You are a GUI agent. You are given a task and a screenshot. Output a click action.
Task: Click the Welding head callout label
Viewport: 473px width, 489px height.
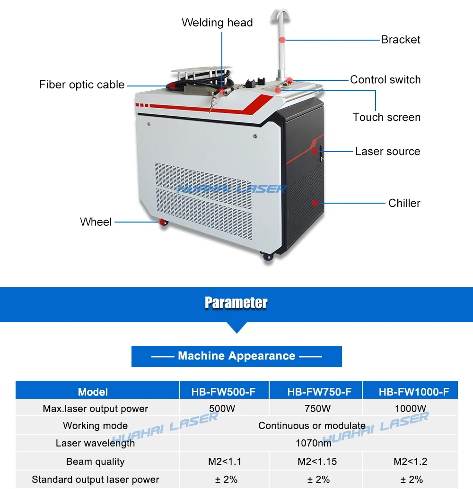(217, 23)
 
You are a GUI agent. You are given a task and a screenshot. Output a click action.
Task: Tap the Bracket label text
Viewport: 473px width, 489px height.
(401, 40)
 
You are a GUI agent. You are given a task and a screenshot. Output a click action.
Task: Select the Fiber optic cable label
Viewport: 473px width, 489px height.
(82, 85)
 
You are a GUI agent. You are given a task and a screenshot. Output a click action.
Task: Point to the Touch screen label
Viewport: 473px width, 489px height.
(386, 117)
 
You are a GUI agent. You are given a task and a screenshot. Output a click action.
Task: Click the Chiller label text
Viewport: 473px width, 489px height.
(404, 203)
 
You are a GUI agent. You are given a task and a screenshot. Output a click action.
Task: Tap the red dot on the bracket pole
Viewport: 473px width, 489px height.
(282, 40)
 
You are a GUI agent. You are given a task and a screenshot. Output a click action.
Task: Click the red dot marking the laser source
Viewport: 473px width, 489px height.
(315, 151)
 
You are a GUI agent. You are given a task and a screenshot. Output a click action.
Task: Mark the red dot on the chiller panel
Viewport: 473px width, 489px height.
(315, 203)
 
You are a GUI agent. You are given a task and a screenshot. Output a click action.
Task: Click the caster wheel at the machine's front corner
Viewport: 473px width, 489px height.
(268, 256)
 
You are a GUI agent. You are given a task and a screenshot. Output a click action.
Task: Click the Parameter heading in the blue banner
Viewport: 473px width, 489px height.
(236, 302)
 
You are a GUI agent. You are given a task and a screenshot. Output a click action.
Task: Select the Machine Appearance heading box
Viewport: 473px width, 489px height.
(236, 356)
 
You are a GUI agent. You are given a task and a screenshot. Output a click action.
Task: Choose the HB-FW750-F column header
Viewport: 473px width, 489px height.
(319, 392)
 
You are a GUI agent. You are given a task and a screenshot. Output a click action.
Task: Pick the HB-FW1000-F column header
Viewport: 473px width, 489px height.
(414, 392)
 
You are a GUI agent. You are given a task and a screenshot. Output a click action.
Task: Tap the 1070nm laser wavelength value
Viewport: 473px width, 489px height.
(314, 443)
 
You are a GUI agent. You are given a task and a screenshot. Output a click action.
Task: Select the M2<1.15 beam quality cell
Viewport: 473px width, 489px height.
(317, 461)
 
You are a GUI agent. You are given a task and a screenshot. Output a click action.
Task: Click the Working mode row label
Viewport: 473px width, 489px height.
(95, 426)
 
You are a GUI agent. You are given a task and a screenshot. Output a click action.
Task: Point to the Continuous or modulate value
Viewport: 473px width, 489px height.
(312, 426)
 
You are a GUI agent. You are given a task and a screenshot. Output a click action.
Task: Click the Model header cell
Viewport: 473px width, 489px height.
(93, 392)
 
